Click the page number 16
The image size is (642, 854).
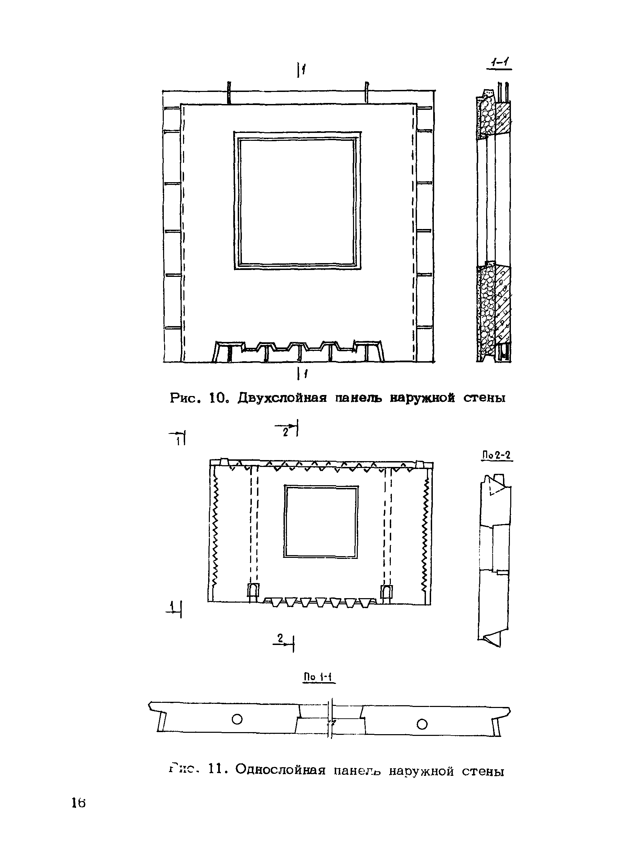pos(78,803)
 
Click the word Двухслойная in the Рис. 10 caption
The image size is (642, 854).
pos(282,398)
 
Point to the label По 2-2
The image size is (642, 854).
pos(497,455)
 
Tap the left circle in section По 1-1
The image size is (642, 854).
pos(237,719)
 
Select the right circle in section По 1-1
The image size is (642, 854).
pos(422,724)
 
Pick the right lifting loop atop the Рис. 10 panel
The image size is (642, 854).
pos(366,92)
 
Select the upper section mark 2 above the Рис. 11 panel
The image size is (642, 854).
pos(286,433)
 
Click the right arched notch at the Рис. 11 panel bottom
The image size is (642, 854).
pos(386,591)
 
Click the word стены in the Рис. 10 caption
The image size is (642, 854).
pos(484,398)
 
